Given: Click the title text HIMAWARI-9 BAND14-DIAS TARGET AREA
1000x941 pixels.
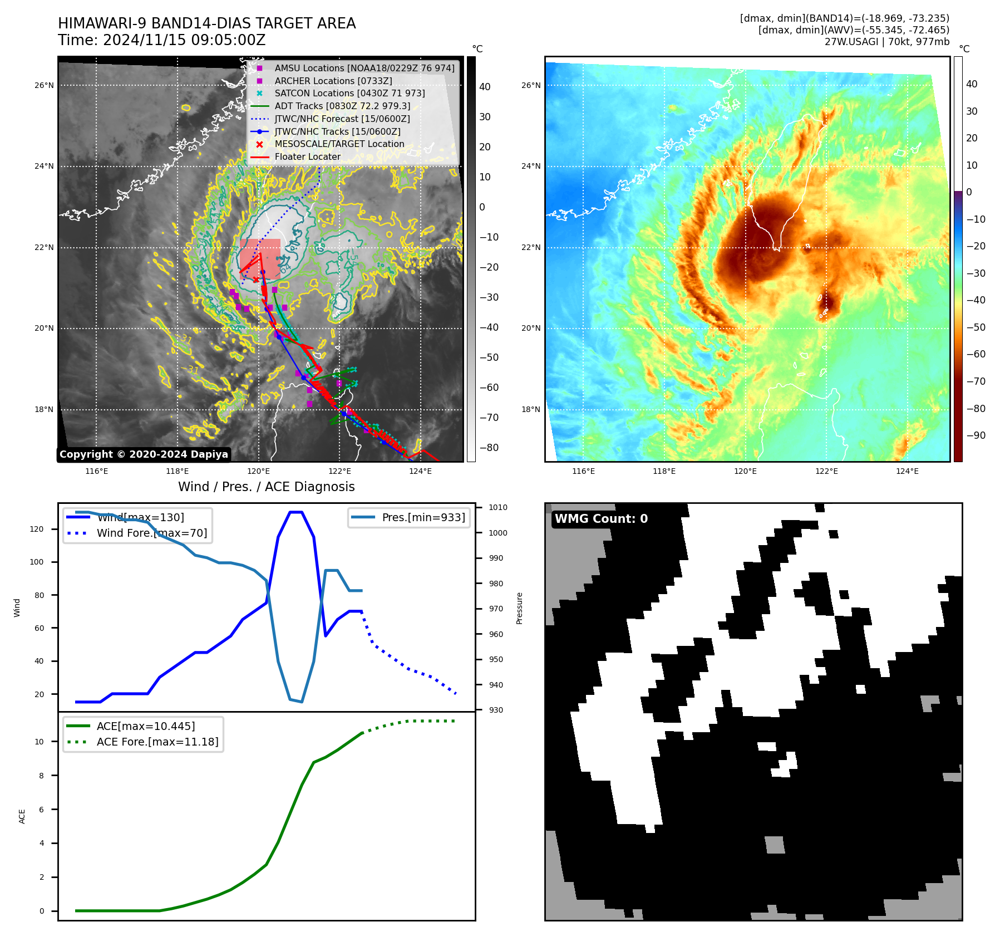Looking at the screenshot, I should tap(206, 23).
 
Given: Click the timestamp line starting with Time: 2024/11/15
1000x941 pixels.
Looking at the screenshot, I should tap(161, 41).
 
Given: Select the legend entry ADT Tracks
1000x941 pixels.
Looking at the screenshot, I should tap(342, 106).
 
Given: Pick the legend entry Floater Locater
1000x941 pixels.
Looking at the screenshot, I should tap(307, 157).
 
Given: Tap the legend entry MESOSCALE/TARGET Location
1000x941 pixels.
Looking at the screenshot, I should tap(339, 144).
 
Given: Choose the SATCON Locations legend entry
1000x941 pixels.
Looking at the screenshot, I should tap(349, 94).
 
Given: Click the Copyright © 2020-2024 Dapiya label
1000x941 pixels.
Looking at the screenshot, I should tap(144, 454).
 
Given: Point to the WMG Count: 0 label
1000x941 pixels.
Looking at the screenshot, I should tap(601, 519).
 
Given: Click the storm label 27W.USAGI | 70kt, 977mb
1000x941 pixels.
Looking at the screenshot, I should tap(886, 42).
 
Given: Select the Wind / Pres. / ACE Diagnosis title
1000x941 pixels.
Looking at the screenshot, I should tap(266, 487).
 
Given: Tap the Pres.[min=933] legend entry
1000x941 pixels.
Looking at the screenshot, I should tap(423, 517).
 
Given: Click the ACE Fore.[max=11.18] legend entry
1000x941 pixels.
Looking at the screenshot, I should tap(157, 742).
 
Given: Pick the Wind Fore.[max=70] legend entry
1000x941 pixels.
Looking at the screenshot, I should tap(152, 533).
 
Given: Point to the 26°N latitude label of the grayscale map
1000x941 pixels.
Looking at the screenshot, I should tap(44, 86).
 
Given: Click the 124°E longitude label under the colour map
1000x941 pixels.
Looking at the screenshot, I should tap(907, 471).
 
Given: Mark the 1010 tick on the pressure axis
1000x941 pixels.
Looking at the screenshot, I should tap(498, 507).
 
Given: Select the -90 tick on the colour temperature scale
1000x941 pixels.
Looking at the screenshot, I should tap(976, 435).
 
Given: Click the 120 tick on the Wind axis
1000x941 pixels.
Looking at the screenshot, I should tap(37, 529).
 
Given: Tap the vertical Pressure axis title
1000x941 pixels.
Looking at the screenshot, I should tap(519, 608).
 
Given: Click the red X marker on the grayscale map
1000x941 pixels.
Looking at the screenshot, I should tap(255, 280).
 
